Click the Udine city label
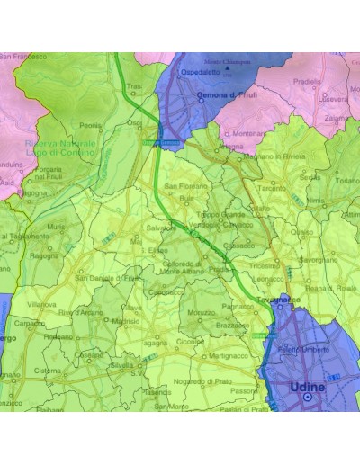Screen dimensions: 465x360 point(307,388)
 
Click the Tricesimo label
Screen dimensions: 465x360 point(266,266)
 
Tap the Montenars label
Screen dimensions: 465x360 point(248,134)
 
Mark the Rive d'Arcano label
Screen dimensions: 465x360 point(79,312)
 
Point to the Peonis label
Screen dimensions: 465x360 point(90,126)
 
